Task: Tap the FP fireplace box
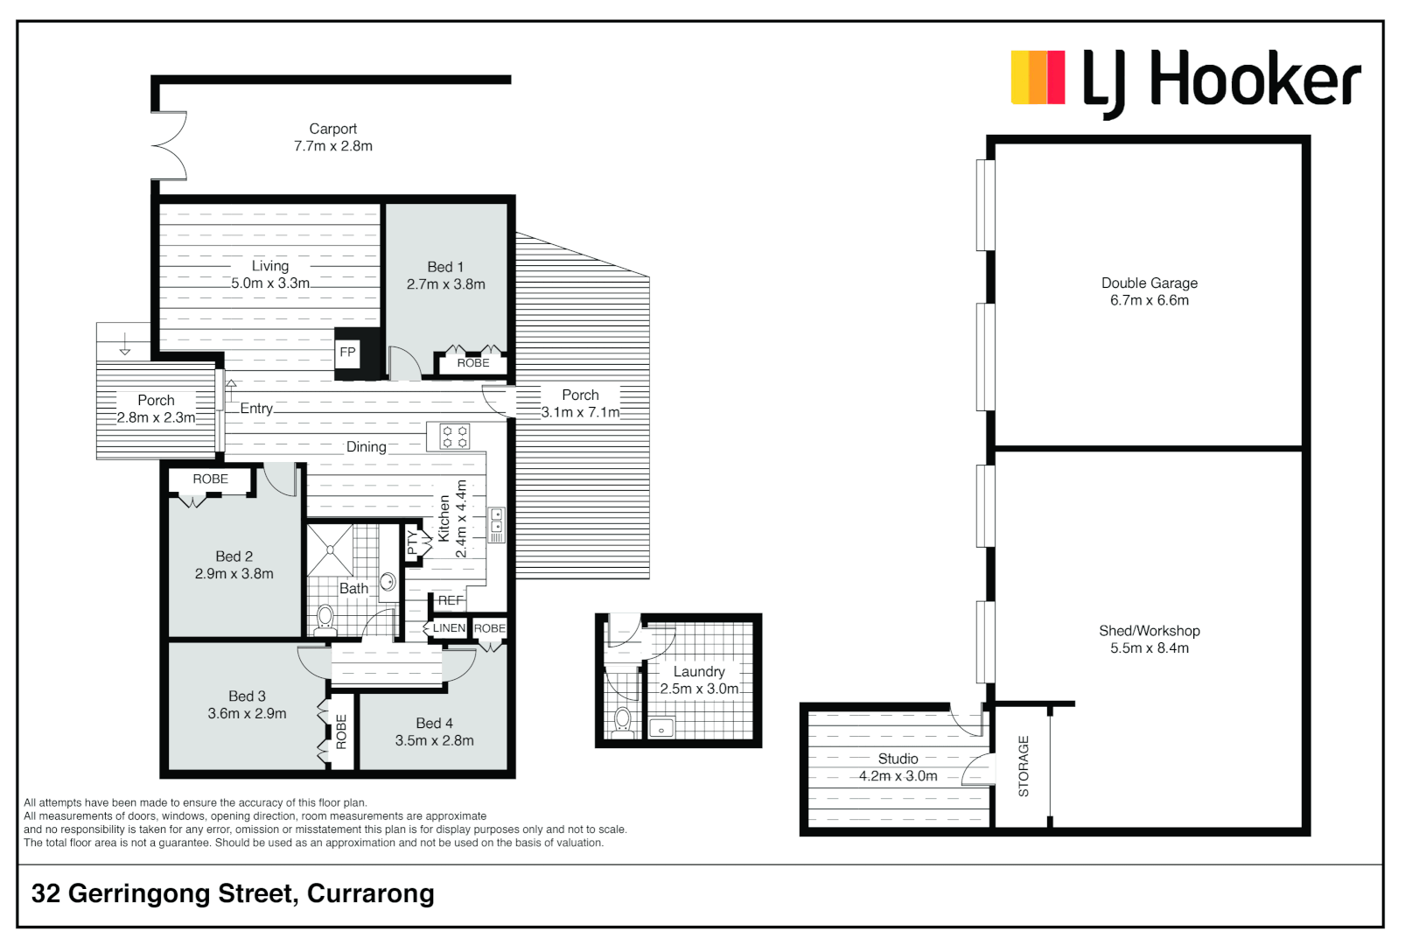(x=347, y=353)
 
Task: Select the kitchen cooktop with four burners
(x=454, y=437)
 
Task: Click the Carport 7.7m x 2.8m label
(x=333, y=137)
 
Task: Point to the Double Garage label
(x=1149, y=291)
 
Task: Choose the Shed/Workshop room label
(x=1149, y=639)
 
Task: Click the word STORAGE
(x=1024, y=766)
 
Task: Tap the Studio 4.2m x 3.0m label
(x=898, y=767)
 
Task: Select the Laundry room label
(x=699, y=680)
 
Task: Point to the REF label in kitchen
(x=451, y=600)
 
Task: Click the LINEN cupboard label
(x=449, y=628)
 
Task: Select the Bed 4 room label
(x=434, y=731)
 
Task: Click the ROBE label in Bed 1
(x=473, y=362)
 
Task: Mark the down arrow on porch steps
(x=125, y=344)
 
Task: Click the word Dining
(x=366, y=447)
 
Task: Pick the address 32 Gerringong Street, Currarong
(x=233, y=893)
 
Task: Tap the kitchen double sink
(x=496, y=524)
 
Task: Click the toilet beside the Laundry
(x=623, y=720)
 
